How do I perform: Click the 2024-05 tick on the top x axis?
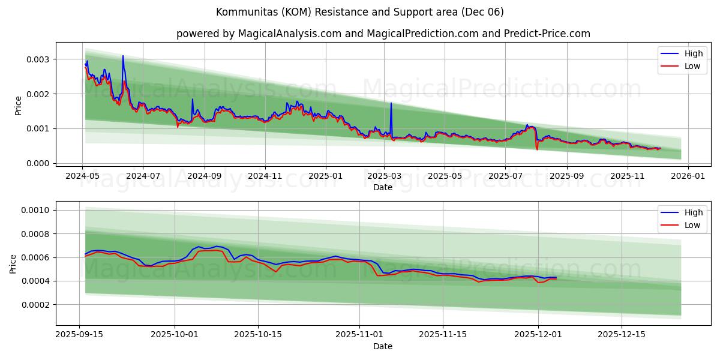pyautogui.click(x=82, y=176)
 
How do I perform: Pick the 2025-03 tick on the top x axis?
pyautogui.click(x=384, y=176)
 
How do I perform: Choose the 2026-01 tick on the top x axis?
pyautogui.click(x=688, y=176)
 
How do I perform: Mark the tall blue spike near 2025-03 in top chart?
pyautogui.click(x=391, y=104)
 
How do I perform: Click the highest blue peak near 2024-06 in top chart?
pyautogui.click(x=123, y=56)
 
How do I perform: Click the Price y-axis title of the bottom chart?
pyautogui.click(x=13, y=263)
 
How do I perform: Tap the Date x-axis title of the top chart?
pyautogui.click(x=383, y=187)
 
